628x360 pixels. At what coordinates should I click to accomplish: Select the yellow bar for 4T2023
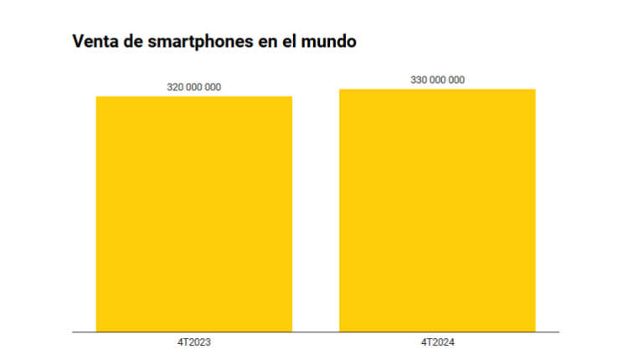194,213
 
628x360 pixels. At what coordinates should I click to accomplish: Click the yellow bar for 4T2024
437,209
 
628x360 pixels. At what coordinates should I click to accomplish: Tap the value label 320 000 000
194,87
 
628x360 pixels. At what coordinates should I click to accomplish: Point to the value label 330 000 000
437,80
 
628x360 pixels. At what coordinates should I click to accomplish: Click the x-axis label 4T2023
194,342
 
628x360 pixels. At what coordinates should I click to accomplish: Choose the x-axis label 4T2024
437,342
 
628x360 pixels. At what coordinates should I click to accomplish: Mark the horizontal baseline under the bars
315,332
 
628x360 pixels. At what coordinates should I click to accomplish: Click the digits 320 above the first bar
176,87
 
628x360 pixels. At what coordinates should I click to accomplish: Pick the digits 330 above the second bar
419,80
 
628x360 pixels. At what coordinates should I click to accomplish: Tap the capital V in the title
78,41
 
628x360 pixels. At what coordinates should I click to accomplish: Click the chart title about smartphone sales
214,41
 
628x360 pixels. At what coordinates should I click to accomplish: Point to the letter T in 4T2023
185,342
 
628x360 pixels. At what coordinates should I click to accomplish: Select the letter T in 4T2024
428,342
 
